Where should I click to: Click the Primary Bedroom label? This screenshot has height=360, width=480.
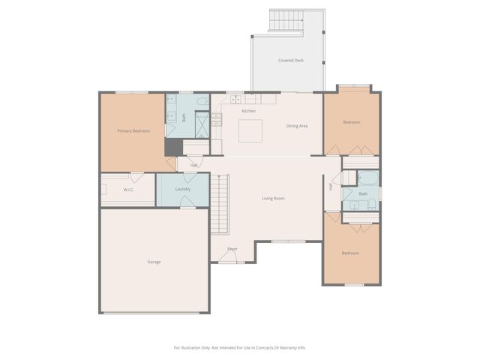coord(133,131)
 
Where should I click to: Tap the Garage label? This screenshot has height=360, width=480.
coord(154,262)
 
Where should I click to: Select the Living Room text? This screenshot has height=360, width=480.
coord(273,198)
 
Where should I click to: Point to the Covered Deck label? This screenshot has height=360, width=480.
coord(290,60)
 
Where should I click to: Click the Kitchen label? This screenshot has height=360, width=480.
coord(248,111)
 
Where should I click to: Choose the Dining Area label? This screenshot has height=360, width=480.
coord(297,125)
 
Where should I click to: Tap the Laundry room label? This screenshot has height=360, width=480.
coord(183,189)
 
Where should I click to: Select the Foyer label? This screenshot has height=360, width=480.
coord(232,248)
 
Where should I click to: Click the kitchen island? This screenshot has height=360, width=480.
coord(250,130)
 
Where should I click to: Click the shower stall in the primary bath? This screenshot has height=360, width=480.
coord(202,123)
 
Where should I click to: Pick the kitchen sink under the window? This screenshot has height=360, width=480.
coord(235,98)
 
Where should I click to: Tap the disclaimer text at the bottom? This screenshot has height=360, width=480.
coord(240,347)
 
